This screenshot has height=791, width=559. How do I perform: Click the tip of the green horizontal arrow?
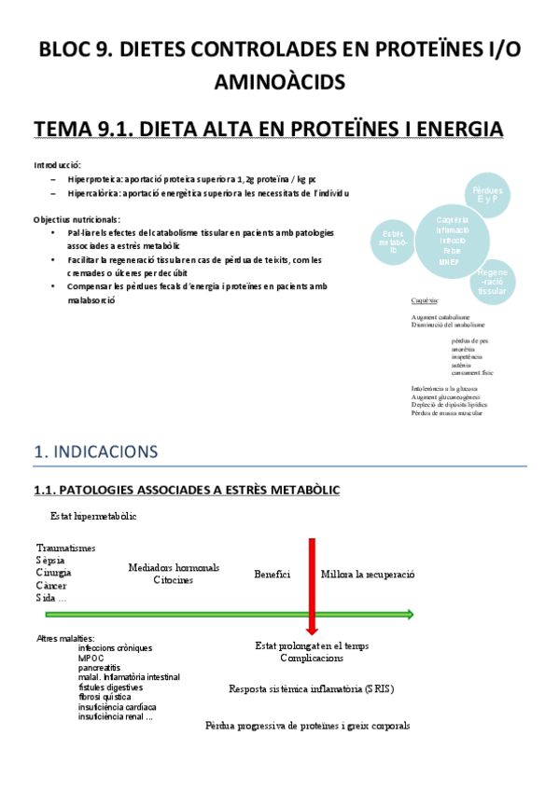411,614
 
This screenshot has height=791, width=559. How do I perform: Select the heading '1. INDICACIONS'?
96,452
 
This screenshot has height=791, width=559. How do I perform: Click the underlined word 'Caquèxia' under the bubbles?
426,300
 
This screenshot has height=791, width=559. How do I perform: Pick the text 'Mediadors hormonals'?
174,567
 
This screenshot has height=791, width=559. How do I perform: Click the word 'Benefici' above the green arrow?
273,574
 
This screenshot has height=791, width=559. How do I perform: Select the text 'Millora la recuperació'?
368,574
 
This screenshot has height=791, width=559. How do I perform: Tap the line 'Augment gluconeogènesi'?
447,396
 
